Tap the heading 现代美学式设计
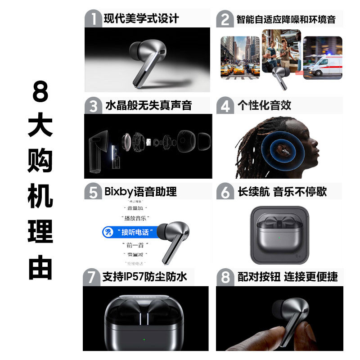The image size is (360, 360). point(141,19)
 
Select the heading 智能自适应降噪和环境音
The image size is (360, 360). point(286,20)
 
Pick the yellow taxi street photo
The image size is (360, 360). point(240,57)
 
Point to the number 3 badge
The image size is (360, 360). point(94,106)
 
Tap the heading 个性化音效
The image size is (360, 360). point(265,105)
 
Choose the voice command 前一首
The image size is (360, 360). point(135,245)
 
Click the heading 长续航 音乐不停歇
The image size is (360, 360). point(282,192)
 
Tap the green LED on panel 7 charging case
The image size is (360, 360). point(144,340)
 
